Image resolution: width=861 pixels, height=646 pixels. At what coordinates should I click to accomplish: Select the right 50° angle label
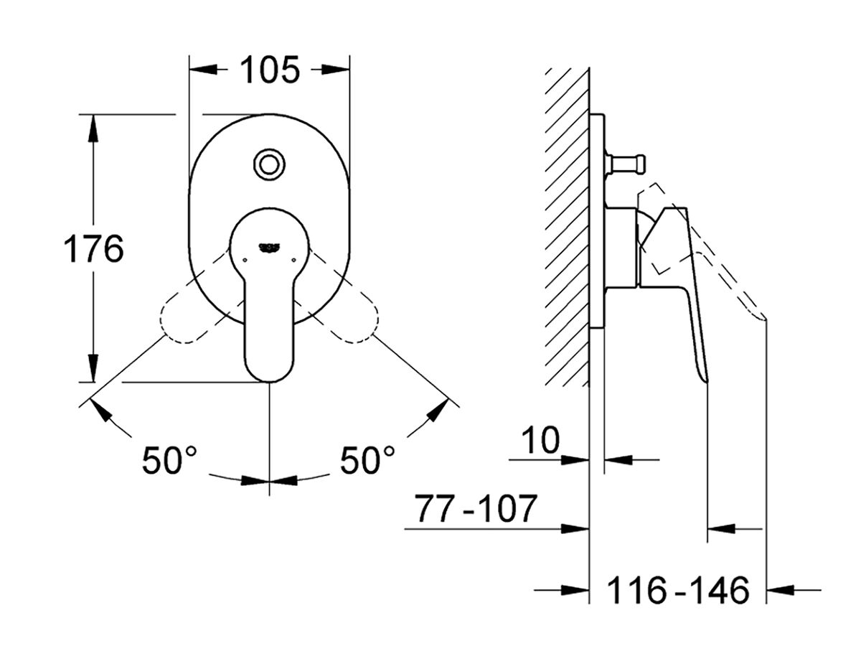(367, 460)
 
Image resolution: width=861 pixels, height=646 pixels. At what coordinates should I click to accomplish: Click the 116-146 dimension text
(678, 591)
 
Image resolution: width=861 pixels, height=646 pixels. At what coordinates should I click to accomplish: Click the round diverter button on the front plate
(269, 164)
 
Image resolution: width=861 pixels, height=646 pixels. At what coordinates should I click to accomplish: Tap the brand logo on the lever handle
(269, 248)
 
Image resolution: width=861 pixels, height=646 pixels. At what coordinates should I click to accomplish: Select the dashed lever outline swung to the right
(349, 316)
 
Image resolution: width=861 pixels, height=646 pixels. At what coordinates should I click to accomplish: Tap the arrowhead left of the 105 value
(204, 70)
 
